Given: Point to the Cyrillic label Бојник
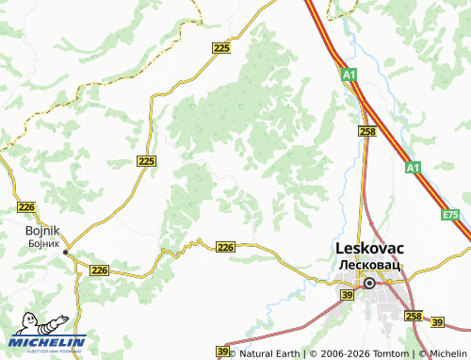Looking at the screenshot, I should [x=43, y=242].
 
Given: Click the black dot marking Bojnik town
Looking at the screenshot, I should [x=65, y=253].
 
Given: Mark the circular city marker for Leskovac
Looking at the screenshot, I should [x=369, y=283].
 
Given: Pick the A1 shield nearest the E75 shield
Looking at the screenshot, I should [x=413, y=168].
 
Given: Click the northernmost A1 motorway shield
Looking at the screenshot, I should [x=349, y=74].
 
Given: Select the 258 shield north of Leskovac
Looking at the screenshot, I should [x=367, y=132].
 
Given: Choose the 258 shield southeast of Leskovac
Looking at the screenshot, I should [x=413, y=316].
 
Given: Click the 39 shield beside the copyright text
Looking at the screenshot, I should [x=222, y=352].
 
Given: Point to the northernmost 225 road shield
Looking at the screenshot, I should [x=221, y=48].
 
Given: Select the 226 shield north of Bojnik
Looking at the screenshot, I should [x=26, y=206].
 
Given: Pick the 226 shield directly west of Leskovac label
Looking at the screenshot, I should [x=225, y=247].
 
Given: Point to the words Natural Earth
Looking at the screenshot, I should [x=268, y=353].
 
